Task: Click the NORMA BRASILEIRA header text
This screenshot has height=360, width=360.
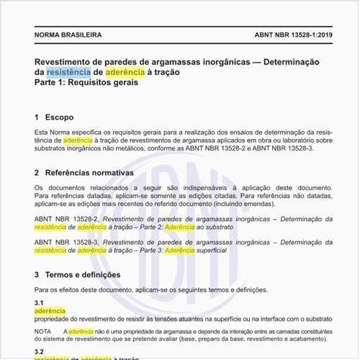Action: pos(68,35)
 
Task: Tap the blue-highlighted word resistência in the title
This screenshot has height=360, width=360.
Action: pos(68,72)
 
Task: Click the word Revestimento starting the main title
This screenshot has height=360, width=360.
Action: pos(67,61)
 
